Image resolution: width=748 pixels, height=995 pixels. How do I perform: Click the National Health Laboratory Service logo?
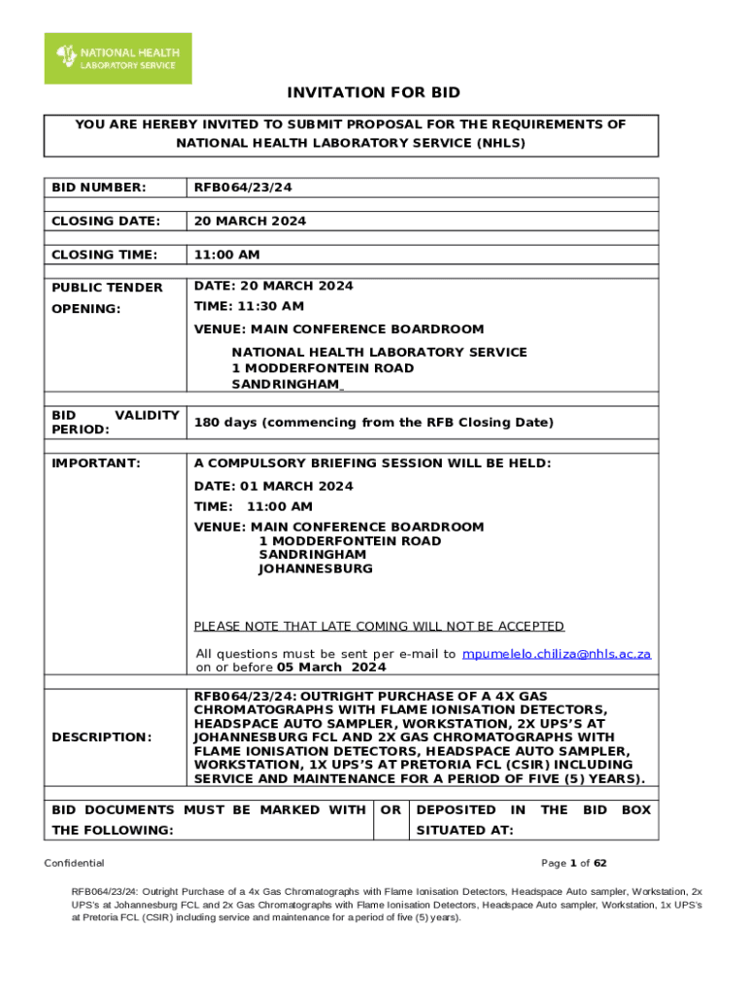118,58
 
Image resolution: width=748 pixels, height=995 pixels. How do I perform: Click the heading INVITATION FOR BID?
373,93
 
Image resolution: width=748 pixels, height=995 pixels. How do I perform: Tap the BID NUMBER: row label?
99,187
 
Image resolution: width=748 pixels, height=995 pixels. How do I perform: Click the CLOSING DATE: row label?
105,221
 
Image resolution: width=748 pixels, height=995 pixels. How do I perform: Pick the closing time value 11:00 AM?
226,255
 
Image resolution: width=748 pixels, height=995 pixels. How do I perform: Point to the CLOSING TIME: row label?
104,255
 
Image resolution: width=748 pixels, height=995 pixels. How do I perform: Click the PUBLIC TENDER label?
107,288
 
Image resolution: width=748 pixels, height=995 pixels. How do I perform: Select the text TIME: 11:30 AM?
249,306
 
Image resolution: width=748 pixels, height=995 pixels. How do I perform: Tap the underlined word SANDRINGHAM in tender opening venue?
286,384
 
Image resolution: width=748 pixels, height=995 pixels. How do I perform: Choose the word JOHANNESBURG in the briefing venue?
315,568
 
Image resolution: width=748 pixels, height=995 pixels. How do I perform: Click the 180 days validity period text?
373,423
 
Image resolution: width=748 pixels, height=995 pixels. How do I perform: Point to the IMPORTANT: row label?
96,463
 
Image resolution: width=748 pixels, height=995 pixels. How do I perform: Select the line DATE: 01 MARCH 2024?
273,486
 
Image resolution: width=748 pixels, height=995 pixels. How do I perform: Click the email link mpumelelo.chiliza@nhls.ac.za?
556,654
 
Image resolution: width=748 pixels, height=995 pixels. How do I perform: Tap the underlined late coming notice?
379,627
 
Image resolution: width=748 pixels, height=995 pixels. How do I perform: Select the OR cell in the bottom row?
391,809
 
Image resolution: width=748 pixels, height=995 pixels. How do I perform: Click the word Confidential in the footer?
75,863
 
